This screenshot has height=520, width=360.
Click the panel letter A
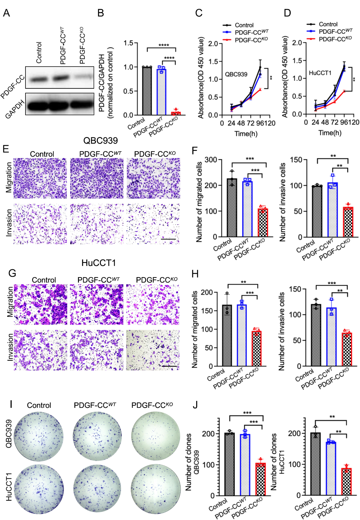[x=6, y=13]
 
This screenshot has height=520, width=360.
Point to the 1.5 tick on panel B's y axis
[x=129, y=43]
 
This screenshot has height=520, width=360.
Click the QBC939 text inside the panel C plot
[x=236, y=74]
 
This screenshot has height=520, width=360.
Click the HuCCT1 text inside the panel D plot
[x=320, y=73]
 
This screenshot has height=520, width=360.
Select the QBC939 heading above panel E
[x=100, y=141]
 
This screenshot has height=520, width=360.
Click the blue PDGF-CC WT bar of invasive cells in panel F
[x=333, y=210]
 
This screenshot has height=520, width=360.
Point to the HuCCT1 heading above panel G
[x=98, y=263]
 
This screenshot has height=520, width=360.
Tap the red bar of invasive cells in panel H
[x=347, y=349]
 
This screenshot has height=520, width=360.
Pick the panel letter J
[x=195, y=405]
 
